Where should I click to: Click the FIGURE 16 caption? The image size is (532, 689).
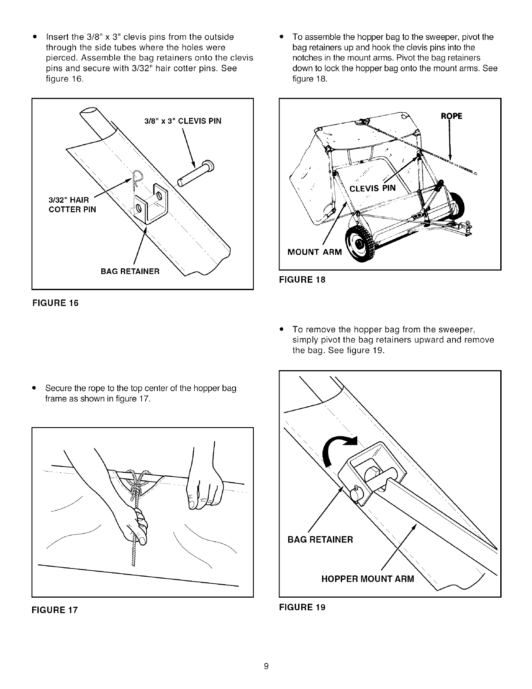click(55, 303)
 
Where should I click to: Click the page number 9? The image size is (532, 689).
click(266, 666)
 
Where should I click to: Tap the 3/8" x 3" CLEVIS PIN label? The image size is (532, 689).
click(183, 121)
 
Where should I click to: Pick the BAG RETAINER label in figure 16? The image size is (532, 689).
click(130, 272)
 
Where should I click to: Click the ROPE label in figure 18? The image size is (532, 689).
click(452, 116)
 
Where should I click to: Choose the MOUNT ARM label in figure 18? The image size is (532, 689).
click(314, 253)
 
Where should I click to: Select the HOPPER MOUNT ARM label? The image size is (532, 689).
click(368, 579)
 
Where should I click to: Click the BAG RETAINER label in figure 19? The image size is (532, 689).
click(320, 540)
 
